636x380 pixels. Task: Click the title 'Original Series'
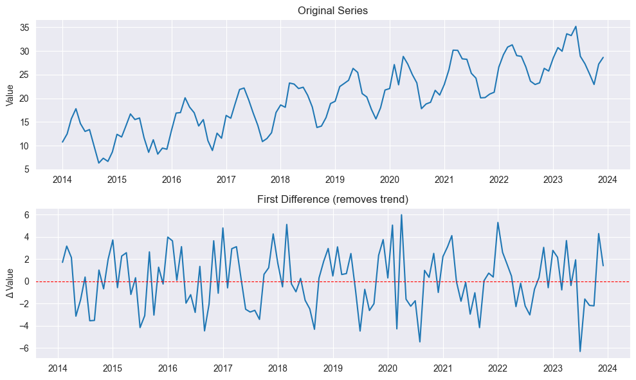point(332,11)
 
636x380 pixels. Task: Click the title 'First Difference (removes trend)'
point(332,200)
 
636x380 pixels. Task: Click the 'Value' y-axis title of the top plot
point(10,96)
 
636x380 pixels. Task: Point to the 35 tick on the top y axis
point(24,28)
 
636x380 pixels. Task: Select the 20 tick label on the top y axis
point(24,99)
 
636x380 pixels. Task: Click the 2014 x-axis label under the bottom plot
point(58,368)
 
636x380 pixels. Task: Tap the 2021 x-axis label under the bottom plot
point(442,368)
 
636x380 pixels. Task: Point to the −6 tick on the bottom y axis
point(24,348)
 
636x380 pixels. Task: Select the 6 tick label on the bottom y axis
point(27,215)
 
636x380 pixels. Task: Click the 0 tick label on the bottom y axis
point(27,281)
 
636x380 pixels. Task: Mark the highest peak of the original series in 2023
point(576,26)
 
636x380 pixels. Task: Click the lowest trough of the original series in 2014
point(99,163)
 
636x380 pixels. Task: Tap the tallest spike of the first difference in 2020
point(401,214)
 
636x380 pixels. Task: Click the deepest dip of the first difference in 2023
point(580,352)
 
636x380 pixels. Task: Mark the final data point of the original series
point(603,57)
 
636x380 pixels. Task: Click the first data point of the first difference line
point(62,262)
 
